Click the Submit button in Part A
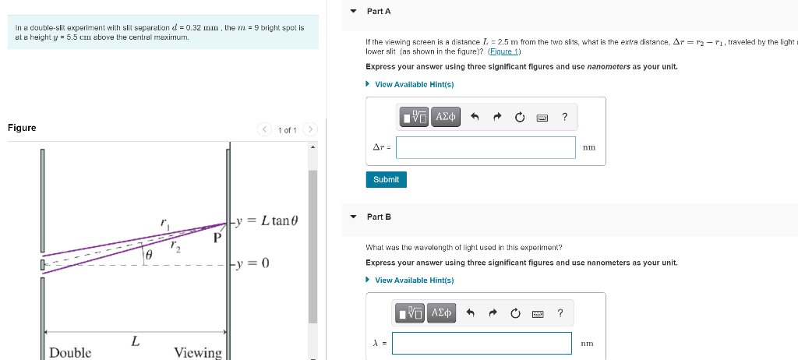386,179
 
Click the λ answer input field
482,343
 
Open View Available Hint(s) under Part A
414,84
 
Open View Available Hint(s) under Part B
414,280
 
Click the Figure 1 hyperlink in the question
504,51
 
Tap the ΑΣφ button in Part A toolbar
446,117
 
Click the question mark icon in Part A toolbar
564,117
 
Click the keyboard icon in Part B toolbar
538,313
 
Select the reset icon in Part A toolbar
520,117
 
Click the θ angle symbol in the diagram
148,255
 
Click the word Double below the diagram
70,352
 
